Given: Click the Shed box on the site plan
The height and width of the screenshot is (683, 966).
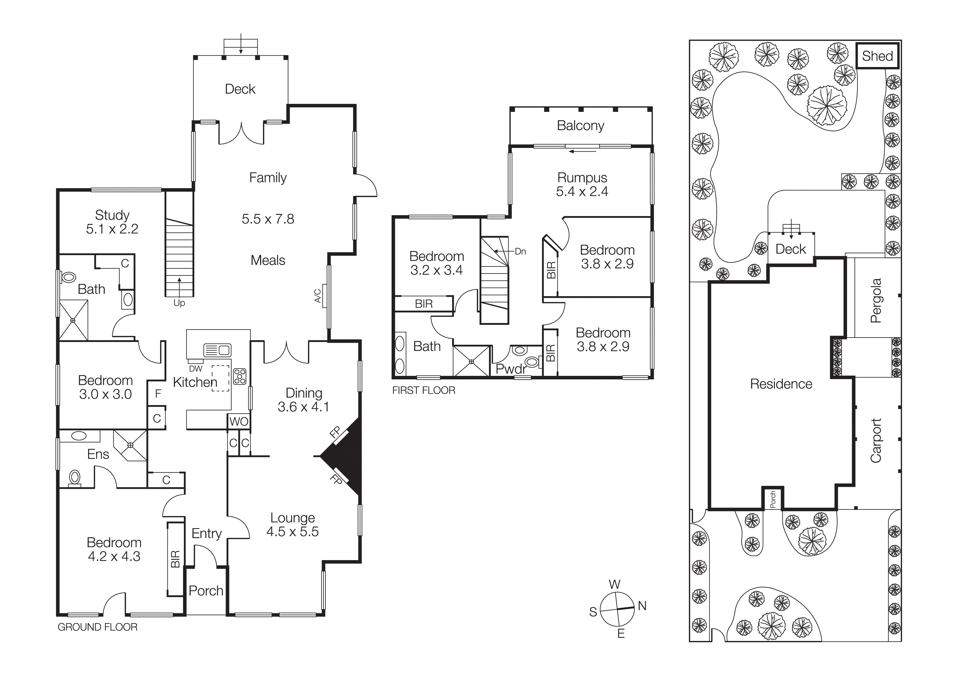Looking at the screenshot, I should (877, 56).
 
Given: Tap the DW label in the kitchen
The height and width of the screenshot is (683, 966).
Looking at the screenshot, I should (196, 369).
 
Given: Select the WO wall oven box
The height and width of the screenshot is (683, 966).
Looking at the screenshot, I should (238, 422).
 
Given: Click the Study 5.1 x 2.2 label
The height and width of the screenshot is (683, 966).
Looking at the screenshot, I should (112, 222).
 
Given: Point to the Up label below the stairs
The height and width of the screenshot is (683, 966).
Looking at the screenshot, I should (179, 303).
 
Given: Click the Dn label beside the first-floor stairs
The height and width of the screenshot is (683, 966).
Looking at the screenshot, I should (520, 251).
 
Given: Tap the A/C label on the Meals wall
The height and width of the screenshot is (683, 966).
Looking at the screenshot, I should (318, 296).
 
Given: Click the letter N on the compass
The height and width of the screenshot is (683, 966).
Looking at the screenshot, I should (642, 606).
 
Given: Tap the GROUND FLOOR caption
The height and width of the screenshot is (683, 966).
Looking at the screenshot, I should (97, 627).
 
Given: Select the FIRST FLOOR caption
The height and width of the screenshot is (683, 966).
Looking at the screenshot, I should (423, 390).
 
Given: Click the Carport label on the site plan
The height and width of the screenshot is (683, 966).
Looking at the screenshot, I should (876, 441).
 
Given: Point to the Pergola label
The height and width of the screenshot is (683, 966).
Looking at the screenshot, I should (876, 301).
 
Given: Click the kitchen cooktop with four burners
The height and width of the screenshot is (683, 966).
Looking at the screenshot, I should (240, 376).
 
